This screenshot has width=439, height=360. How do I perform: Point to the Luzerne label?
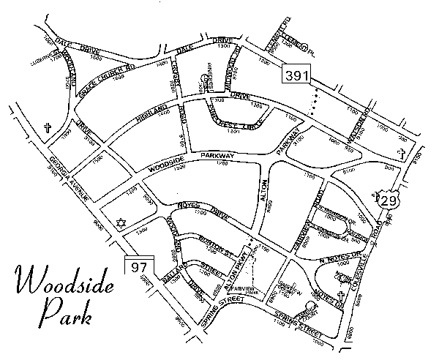(45, 54)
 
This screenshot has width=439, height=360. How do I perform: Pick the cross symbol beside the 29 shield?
(375, 197)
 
